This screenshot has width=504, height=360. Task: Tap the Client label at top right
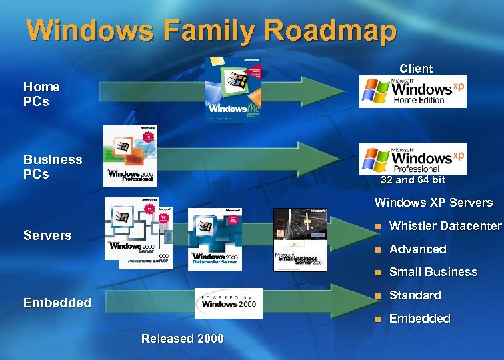pyautogui.click(x=416, y=69)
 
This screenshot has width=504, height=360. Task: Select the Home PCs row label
pyautogui.click(x=41, y=94)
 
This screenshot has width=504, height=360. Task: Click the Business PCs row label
pyautogui.click(x=53, y=167)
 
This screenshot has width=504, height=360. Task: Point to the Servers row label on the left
pyautogui.click(x=47, y=235)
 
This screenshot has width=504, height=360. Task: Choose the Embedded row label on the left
pyautogui.click(x=57, y=303)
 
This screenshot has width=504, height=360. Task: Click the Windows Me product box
pyautogui.click(x=233, y=90)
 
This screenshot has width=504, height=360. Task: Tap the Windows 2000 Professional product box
pyautogui.click(x=131, y=156)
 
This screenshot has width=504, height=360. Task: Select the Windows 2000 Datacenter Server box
pyautogui.click(x=215, y=239)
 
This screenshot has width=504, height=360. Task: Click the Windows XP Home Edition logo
pyautogui.click(x=413, y=92)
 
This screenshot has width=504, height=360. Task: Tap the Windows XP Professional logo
pyautogui.click(x=413, y=159)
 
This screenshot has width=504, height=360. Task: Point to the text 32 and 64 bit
pyautogui.click(x=413, y=180)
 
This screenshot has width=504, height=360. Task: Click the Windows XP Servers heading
pyautogui.click(x=433, y=203)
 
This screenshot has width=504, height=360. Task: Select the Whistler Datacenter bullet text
pyautogui.click(x=445, y=226)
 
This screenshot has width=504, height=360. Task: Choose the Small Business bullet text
pyautogui.click(x=433, y=272)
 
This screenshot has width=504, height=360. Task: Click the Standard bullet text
pyautogui.click(x=415, y=295)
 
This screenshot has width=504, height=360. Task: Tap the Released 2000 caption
pyautogui.click(x=183, y=339)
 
